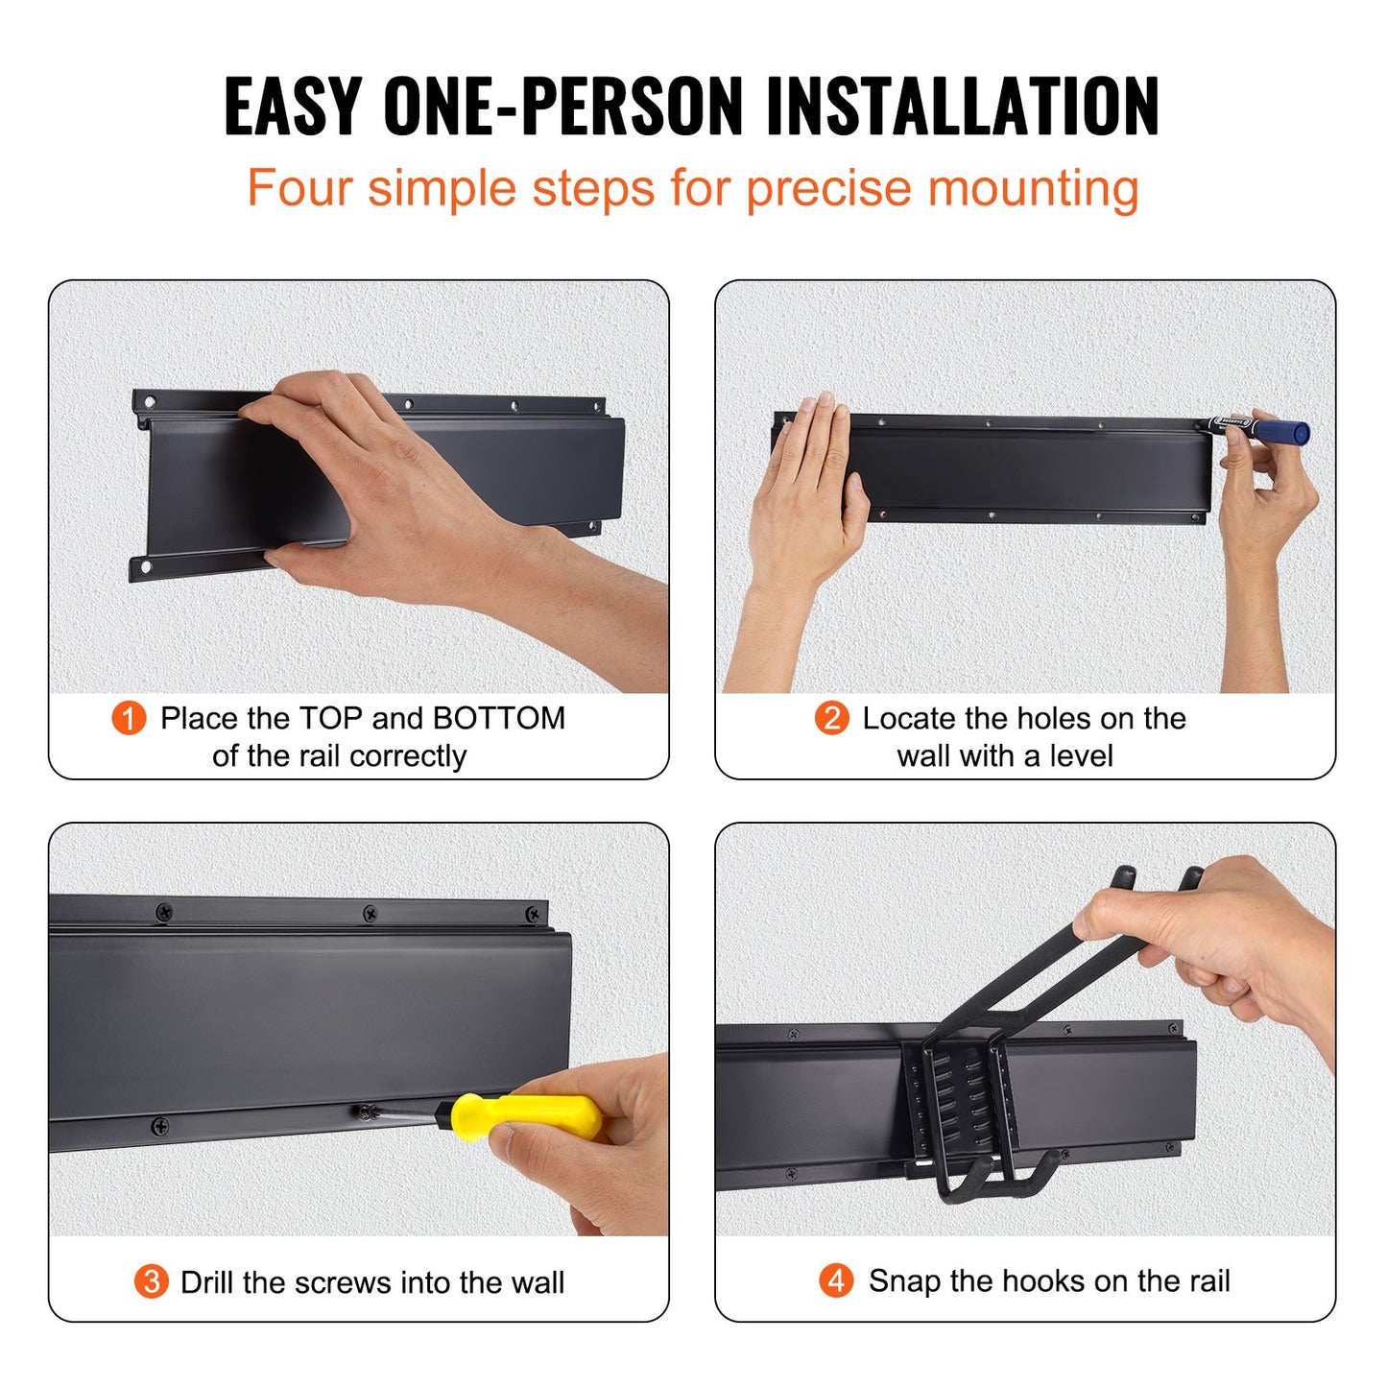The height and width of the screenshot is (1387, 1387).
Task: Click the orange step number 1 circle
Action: (129, 718)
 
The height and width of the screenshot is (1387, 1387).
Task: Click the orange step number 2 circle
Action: (831, 718)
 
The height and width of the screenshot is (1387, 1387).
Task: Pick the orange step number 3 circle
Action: (151, 1281)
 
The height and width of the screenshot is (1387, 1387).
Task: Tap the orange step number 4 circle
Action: (836, 1280)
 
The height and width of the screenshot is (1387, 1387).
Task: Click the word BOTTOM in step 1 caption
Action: (498, 718)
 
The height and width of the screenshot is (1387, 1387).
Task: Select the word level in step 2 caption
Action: (1081, 756)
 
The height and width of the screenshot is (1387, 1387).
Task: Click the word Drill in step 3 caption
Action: (207, 1282)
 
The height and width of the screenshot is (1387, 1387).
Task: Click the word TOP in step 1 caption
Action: (330, 718)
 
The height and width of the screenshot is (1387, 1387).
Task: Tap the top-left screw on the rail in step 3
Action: (164, 910)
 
